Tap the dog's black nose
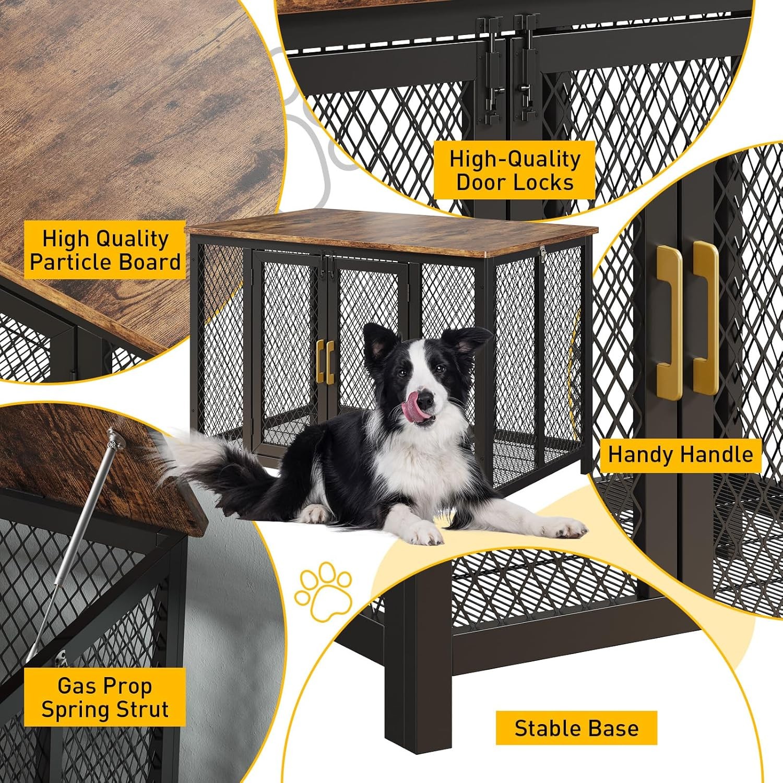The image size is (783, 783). (425, 401)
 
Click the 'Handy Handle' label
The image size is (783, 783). (681, 455)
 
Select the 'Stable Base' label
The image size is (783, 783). (576, 728)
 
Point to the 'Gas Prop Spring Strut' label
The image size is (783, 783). (105, 697)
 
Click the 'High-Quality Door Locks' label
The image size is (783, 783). (515, 170)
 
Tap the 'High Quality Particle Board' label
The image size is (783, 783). (105, 250)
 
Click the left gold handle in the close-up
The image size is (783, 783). (669, 315)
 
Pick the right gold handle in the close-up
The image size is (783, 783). (706, 317)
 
